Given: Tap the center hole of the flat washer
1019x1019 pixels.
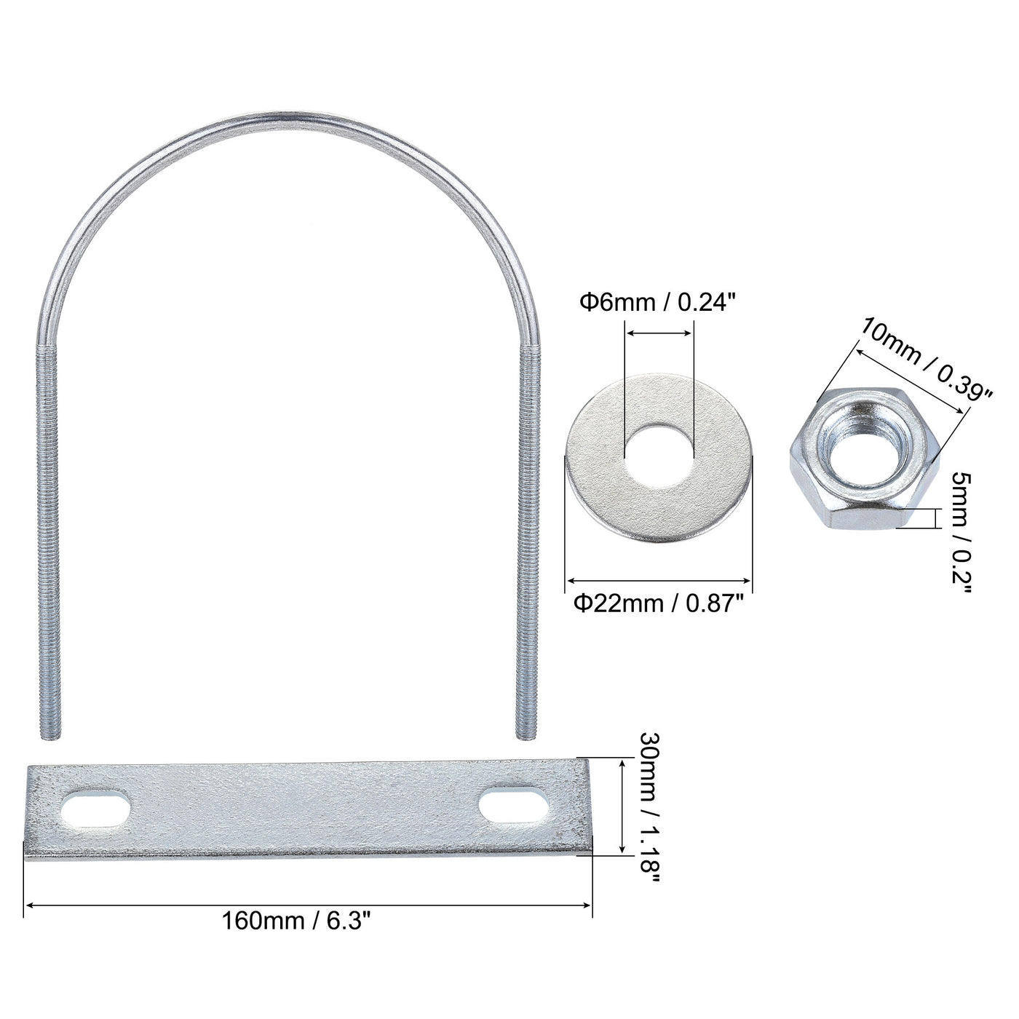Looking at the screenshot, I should point(659,458).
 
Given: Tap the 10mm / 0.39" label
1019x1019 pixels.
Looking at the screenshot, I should point(926,359).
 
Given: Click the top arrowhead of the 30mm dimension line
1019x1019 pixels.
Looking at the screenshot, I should point(622,763).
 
